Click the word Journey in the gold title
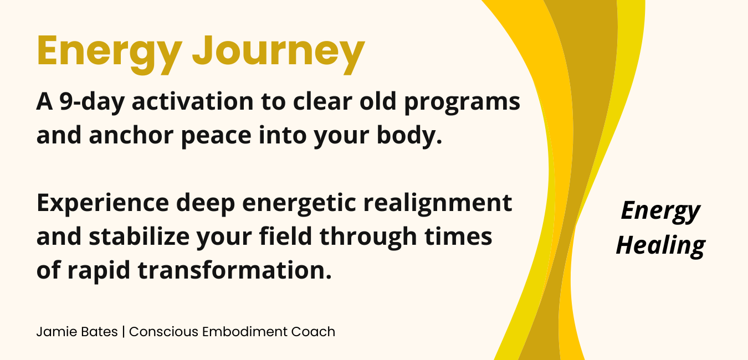(279, 53)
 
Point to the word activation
(193, 101)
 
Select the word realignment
(438, 203)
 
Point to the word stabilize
(139, 236)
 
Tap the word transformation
(235, 270)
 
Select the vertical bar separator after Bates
(124, 332)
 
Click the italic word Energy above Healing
(660, 212)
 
